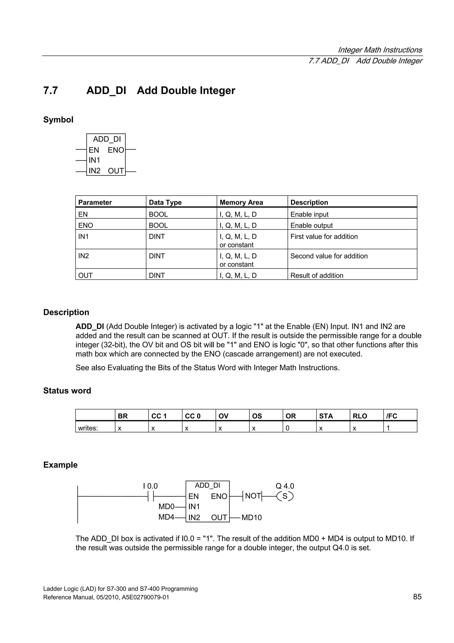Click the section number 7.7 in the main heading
click(51, 91)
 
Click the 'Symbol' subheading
click(58, 120)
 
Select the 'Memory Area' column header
click(241, 202)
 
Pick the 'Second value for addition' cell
click(329, 256)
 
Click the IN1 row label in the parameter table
click(83, 237)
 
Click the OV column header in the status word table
click(223, 416)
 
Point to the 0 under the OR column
click(288, 428)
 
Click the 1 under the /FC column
click(388, 428)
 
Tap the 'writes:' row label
click(88, 428)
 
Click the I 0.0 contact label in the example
click(151, 486)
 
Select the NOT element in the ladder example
click(252, 496)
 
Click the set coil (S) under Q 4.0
click(285, 496)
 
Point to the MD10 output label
click(251, 518)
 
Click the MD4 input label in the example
click(166, 517)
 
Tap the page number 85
click(417, 597)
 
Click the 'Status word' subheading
click(67, 391)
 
